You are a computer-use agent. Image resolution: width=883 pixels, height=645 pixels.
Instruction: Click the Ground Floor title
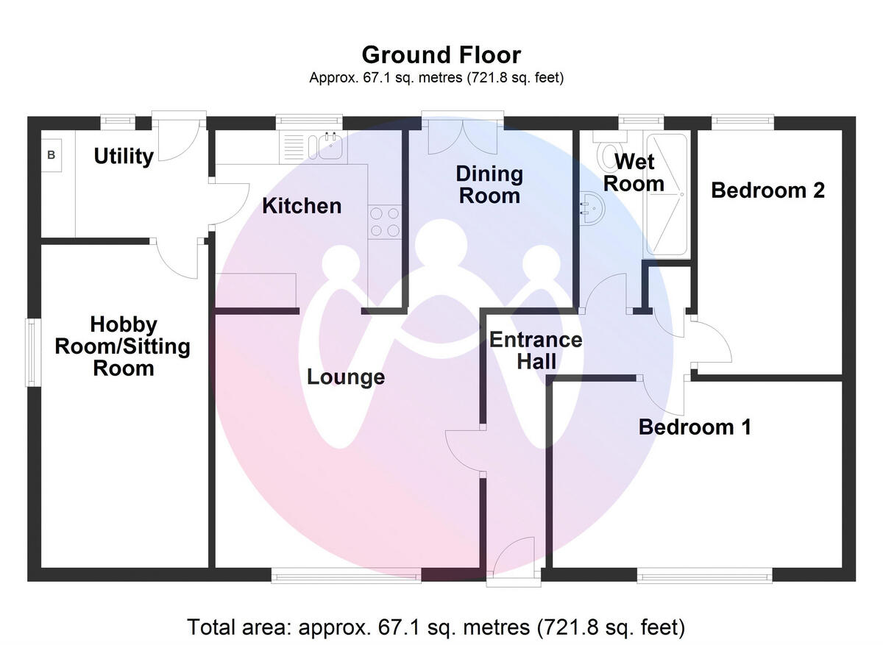click(441, 55)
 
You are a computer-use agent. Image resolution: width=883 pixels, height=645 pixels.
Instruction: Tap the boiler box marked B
click(52, 155)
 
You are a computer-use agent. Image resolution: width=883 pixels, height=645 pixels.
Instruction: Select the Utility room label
click(124, 156)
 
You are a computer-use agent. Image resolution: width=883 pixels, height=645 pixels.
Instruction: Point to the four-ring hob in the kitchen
click(385, 221)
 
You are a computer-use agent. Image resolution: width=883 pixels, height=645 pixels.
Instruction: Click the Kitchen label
click(302, 206)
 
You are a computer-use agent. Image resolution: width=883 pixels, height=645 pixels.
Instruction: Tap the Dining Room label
click(489, 185)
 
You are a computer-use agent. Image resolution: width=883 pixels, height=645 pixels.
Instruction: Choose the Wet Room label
click(634, 172)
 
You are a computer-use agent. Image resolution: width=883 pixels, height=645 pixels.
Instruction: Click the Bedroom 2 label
click(767, 190)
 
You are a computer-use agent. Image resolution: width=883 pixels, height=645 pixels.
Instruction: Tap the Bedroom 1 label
click(695, 427)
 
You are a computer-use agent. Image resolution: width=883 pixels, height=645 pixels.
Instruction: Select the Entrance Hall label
click(536, 350)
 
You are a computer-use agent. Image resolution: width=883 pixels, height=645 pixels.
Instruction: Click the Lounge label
click(346, 377)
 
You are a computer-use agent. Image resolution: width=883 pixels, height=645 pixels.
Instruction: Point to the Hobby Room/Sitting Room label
click(123, 346)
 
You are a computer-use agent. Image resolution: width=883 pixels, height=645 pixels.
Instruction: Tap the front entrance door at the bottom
click(514, 559)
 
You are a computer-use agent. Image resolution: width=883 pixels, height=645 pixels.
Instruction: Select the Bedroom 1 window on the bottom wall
click(704, 576)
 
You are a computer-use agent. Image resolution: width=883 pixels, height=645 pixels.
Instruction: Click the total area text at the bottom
click(436, 627)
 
